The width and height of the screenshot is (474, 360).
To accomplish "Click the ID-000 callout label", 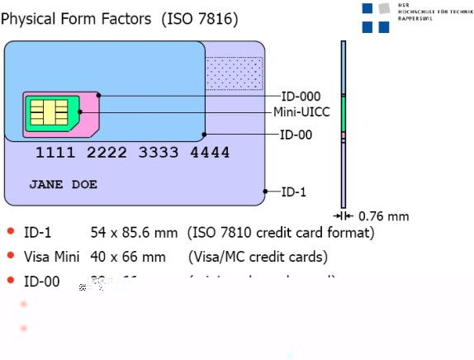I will click(301, 97).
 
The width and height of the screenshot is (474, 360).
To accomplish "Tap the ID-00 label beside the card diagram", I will click(296, 135).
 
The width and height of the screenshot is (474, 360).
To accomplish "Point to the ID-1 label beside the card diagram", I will click(293, 192).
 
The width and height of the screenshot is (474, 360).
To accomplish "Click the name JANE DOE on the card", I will click(64, 184).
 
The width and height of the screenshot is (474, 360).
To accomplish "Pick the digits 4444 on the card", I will click(210, 154).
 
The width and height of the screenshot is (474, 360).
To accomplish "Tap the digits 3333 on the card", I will click(159, 154).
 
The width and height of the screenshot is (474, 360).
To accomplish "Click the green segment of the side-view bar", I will click(343, 114).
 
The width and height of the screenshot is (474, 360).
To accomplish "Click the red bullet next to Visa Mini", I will click(11, 256).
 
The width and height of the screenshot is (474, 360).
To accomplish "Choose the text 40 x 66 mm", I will click(128, 257).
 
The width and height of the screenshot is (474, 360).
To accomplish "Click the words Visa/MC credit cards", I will click(260, 257).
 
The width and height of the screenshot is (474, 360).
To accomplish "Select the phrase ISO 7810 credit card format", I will click(281, 233).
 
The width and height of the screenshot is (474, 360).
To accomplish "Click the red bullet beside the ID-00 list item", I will click(11, 281).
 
